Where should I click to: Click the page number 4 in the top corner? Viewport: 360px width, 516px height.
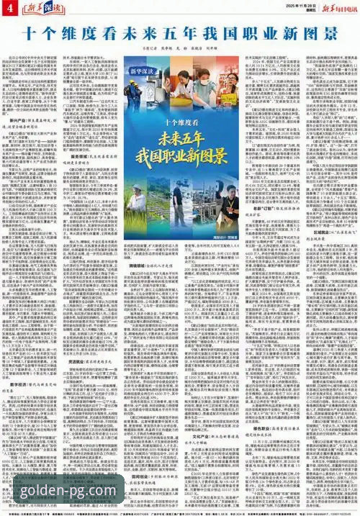[10, 7]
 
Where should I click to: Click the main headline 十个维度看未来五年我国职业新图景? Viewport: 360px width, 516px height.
[179, 33]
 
